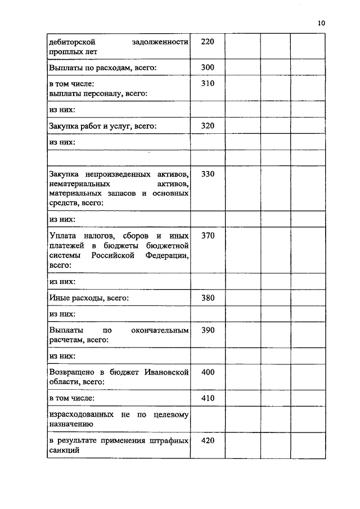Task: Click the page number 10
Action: [x=321, y=23]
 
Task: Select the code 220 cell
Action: [x=208, y=42]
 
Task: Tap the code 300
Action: [x=208, y=67]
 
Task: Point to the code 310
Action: [x=208, y=84]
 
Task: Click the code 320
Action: [x=208, y=126]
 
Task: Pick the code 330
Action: [x=208, y=174]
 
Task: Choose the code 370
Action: [x=208, y=236]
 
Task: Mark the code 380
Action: [x=208, y=298]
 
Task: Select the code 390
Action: [x=208, y=330]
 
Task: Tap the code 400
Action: [x=208, y=372]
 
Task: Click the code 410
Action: [x=208, y=398]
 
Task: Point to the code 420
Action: [x=208, y=440]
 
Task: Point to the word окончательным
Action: [x=159, y=330]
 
